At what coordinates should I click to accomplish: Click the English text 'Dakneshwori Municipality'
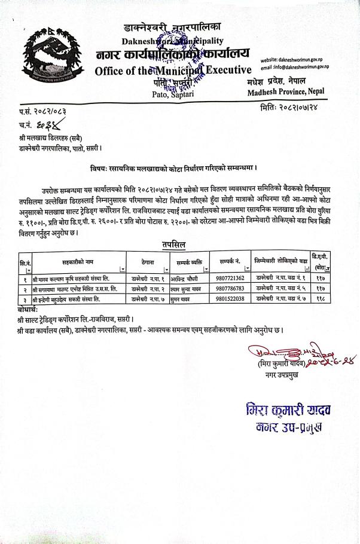173,41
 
